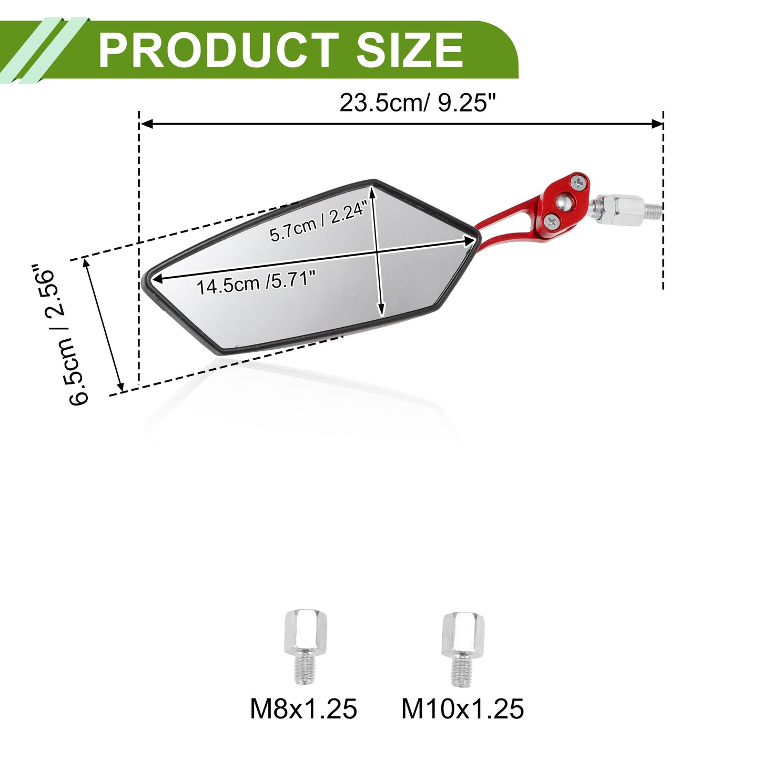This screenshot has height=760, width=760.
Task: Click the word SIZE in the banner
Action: [409, 50]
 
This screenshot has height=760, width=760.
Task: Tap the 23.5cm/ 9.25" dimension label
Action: [417, 103]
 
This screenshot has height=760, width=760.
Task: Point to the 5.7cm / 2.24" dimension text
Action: [319, 221]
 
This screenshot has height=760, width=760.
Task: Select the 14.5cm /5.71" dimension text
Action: [256, 282]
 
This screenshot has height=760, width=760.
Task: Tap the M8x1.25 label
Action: [303, 708]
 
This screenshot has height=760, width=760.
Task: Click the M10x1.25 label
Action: [462, 708]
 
